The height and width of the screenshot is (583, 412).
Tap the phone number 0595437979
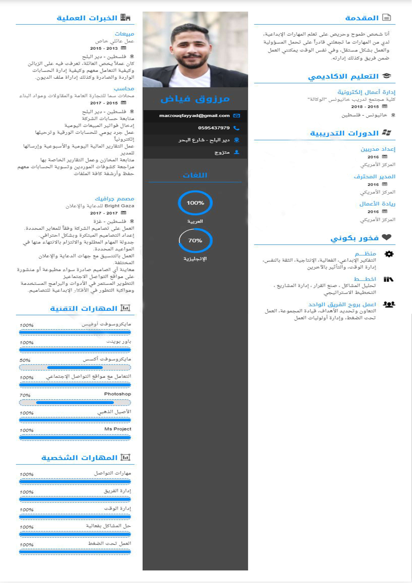[x=214, y=128]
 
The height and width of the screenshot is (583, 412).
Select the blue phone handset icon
[x=236, y=128]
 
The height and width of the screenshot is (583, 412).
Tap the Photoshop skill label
[x=117, y=394]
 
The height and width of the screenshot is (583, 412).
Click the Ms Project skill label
[x=118, y=429]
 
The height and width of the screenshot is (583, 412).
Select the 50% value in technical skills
[x=25, y=360]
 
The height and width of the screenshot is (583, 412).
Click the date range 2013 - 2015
[x=104, y=48]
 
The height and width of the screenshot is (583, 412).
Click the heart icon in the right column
[x=387, y=237]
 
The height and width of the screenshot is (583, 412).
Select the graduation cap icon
[x=387, y=76]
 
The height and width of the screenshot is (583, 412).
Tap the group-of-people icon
[x=389, y=304]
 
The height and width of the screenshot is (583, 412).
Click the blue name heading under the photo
[x=195, y=99]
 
